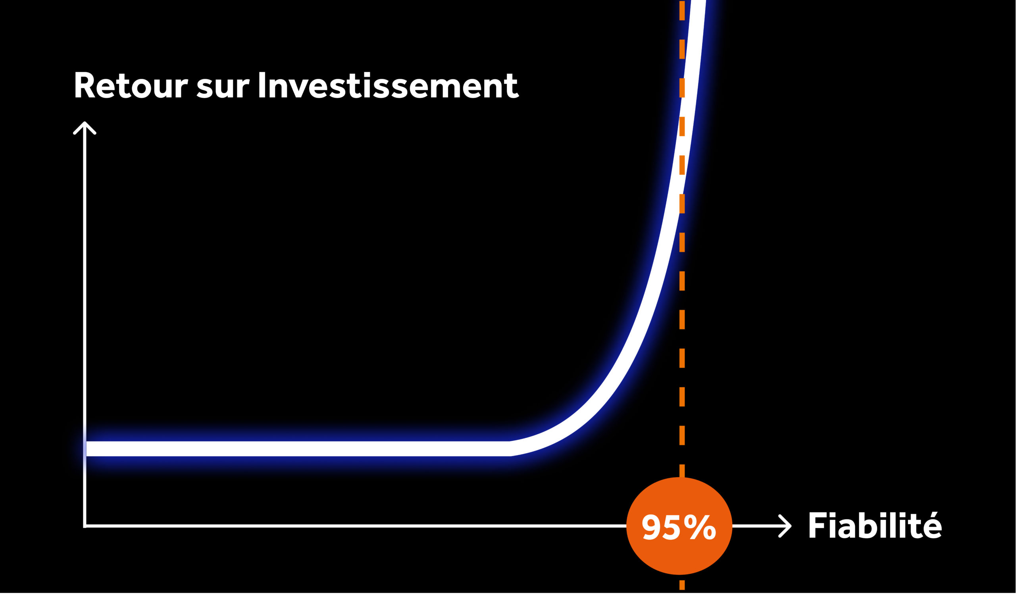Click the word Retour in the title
(x=131, y=85)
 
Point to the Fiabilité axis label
(x=875, y=525)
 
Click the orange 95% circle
(x=679, y=526)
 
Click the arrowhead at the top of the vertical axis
(x=85, y=127)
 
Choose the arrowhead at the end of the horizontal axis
(x=785, y=526)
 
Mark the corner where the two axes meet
(x=85, y=526)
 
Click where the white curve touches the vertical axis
(x=86, y=449)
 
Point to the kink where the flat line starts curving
(x=510, y=449)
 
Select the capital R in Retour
(x=85, y=85)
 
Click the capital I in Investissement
(x=262, y=85)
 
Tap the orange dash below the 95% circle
(x=682, y=585)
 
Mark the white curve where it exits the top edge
(x=698, y=1)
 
